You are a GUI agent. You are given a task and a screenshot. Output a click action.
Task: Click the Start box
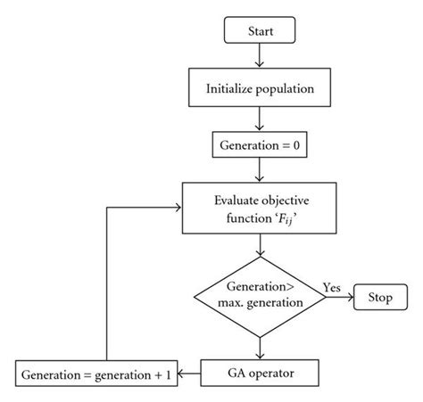tap(258, 32)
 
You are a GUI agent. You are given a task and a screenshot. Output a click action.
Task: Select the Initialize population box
tap(259, 89)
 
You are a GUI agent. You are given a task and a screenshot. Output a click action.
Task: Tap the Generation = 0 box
tap(259, 143)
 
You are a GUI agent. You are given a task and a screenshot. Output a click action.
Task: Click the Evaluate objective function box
tap(259, 210)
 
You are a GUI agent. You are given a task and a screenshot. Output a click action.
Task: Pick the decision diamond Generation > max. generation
tap(259, 295)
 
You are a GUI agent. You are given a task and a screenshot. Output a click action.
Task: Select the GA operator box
tap(260, 369)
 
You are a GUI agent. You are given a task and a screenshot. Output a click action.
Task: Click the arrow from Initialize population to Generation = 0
tap(259, 117)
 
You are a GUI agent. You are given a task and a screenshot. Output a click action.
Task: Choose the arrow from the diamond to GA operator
tap(259, 343)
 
